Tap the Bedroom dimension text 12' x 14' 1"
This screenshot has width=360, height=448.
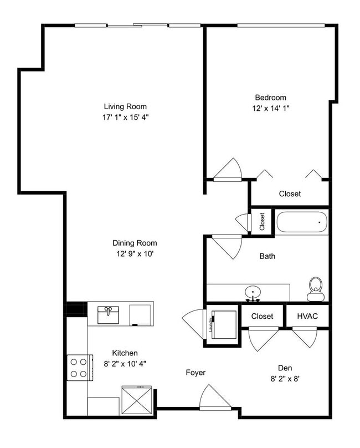tap(270, 109)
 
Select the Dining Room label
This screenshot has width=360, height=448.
tap(135, 243)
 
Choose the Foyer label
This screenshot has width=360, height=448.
tap(196, 373)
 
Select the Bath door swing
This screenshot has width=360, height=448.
tap(227, 246)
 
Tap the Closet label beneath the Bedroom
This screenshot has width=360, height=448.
tap(290, 194)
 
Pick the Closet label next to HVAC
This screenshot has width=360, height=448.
tap(262, 316)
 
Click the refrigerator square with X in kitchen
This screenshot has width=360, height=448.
tap(136, 398)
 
